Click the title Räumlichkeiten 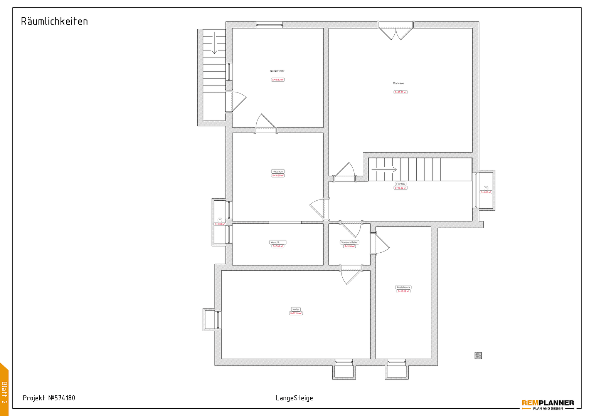(54, 21)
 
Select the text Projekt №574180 (49, 398)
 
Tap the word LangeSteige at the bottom (294, 398)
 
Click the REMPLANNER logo (548, 404)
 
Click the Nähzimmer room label (277, 71)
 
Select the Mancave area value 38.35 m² (401, 92)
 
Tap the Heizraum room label (278, 171)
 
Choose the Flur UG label (401, 184)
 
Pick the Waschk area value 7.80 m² (278, 246)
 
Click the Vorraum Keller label (350, 242)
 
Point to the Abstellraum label (404, 287)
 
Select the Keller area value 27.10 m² (296, 313)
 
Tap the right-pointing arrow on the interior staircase (389, 169)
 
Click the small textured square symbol (478, 356)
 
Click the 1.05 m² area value (486, 192)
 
